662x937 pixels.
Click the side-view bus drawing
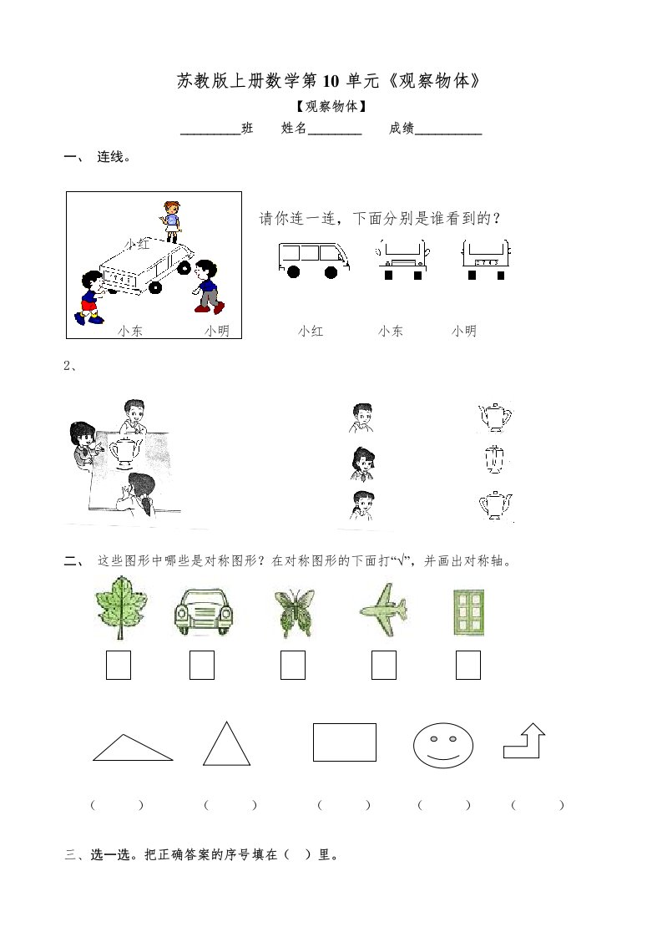[x=314, y=260]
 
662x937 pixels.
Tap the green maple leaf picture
[x=121, y=607]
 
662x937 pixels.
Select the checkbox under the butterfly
[x=293, y=665]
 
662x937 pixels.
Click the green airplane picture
[x=383, y=610]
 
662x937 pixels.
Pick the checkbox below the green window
[x=468, y=665]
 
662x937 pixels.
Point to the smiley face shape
[x=443, y=745]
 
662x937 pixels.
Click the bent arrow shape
[x=524, y=741]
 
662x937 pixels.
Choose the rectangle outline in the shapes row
[x=345, y=742]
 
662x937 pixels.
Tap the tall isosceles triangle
[x=226, y=744]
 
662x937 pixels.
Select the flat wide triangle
[x=133, y=748]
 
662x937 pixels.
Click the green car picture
[x=204, y=611]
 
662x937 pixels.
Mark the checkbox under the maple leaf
[x=119, y=665]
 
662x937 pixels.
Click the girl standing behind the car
[x=171, y=221]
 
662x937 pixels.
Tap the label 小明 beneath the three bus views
[x=464, y=331]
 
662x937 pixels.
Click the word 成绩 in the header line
[x=402, y=128]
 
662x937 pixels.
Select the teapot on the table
[x=124, y=450]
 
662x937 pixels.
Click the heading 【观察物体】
[x=331, y=106]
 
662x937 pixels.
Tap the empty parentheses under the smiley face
[x=444, y=805]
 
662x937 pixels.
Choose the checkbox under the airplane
[x=383, y=665]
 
